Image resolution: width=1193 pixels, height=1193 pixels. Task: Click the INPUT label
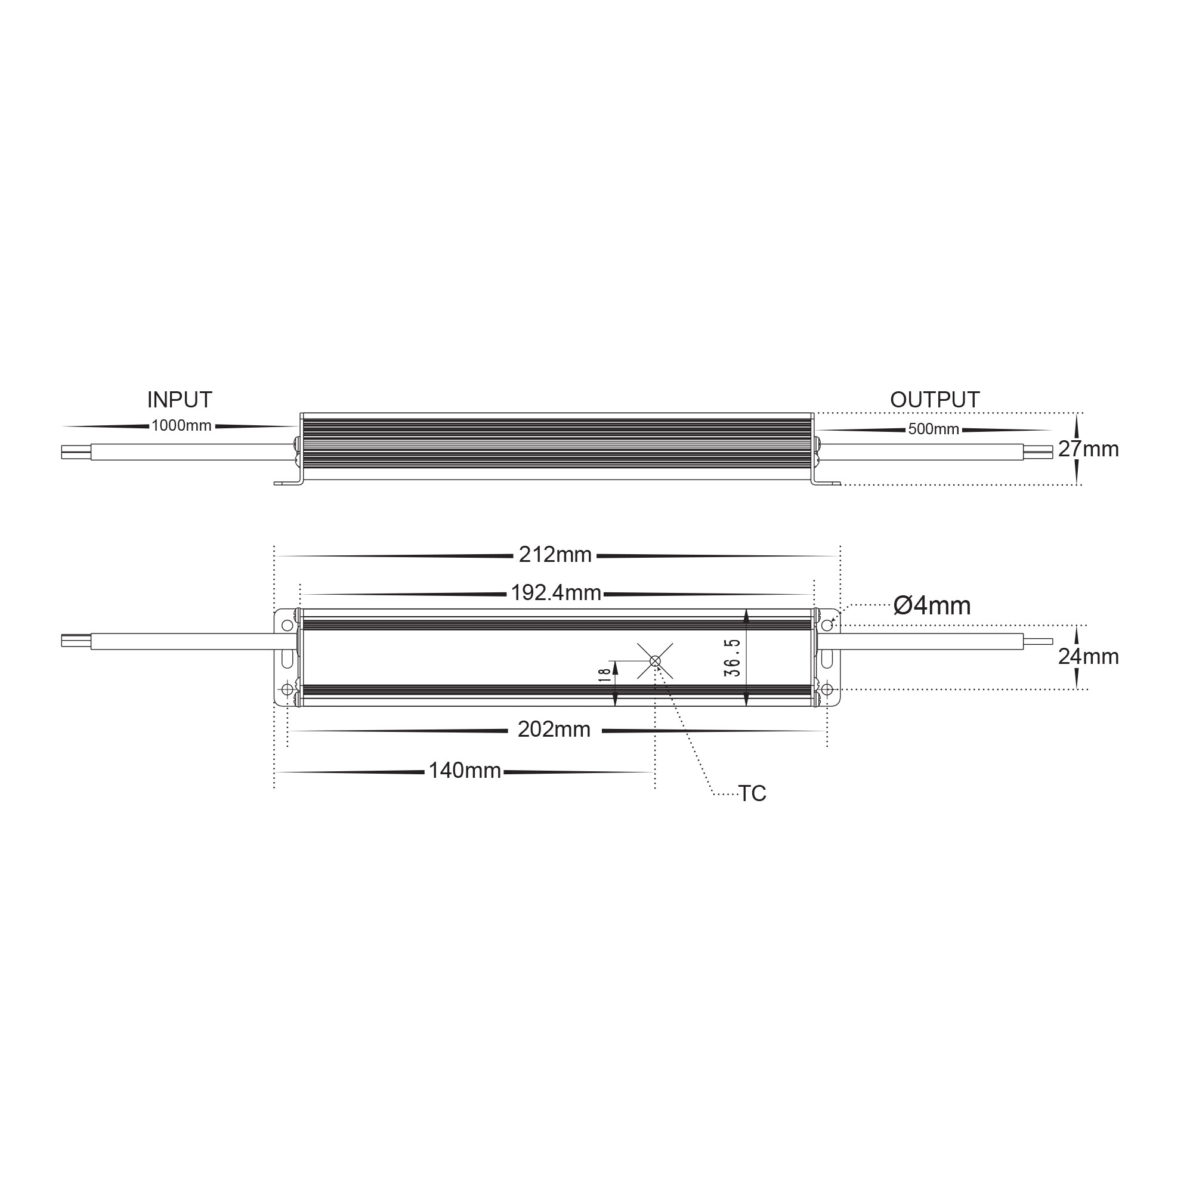click(179, 400)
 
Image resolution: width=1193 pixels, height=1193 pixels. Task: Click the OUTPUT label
click(934, 400)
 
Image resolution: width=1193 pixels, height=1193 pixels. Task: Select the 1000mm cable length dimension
click(181, 426)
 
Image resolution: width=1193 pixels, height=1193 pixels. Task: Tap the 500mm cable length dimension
click(933, 429)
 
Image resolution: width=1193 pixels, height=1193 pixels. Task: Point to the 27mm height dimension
click(1088, 450)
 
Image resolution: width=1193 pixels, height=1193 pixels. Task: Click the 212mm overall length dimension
click(555, 555)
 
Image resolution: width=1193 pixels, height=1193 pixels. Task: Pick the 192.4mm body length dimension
click(556, 594)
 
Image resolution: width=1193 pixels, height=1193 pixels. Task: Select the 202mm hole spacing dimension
click(554, 730)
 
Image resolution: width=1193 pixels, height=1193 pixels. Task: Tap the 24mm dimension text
click(1088, 657)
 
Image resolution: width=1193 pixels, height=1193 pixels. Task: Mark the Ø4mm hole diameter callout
click(932, 607)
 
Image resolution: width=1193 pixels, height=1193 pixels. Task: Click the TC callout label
click(752, 794)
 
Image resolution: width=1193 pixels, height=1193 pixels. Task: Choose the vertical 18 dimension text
click(604, 674)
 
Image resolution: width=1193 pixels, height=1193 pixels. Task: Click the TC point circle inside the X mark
click(655, 662)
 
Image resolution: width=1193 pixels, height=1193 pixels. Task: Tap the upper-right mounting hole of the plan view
click(827, 626)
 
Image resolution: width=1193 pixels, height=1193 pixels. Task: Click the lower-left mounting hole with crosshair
click(287, 689)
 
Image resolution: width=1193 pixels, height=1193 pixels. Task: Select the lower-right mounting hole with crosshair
click(827, 689)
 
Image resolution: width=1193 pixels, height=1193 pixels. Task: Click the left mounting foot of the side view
click(287, 484)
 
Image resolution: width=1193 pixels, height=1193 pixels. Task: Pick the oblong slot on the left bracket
click(287, 657)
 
